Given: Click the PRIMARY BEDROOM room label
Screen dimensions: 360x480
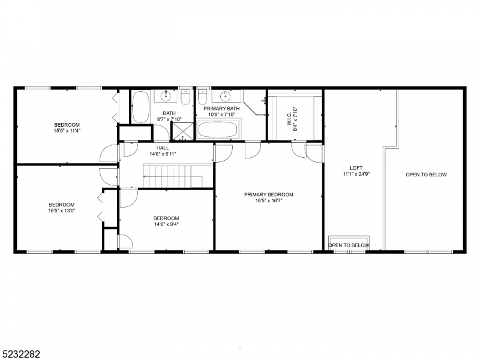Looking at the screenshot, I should pos(268,194).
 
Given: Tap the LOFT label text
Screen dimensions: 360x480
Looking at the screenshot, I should pos(356,168).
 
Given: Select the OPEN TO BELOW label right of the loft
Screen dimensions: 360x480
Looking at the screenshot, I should pos(426,175).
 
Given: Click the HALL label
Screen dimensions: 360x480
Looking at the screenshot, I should pos(163,147).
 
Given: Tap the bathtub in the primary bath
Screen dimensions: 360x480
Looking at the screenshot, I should pos(218,130).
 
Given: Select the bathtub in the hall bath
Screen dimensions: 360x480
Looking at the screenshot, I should pos(142,107).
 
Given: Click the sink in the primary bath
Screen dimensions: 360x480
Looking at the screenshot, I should pos(226,95).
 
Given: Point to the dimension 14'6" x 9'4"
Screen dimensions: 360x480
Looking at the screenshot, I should pos(166,225).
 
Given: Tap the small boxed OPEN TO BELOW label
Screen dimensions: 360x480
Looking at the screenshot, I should pos(349,245).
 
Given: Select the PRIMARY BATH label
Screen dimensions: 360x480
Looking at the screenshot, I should pos(221,108).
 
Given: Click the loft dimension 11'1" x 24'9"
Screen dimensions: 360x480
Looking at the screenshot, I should pos(356,175).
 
